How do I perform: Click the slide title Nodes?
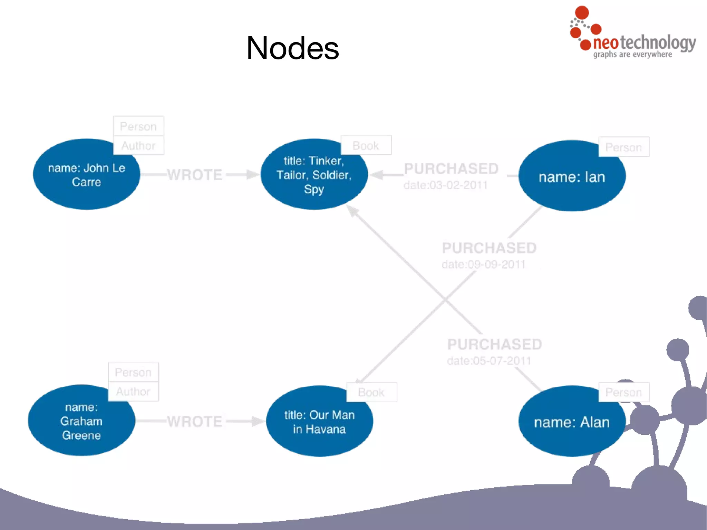click(293, 48)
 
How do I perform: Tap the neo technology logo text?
click(644, 42)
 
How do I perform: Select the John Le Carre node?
click(86, 175)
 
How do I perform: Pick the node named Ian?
click(572, 177)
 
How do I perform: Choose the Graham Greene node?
click(81, 421)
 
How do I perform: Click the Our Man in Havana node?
click(319, 422)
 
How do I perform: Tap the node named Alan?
click(572, 422)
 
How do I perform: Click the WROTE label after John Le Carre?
click(195, 175)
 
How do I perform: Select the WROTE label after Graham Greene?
click(195, 422)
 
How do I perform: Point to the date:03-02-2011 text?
click(445, 185)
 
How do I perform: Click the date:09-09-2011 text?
click(483, 264)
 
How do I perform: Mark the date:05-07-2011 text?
click(489, 361)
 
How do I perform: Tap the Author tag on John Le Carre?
click(138, 146)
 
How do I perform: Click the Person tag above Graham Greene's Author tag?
click(133, 372)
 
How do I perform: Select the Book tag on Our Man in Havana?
click(371, 392)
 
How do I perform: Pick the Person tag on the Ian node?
click(623, 147)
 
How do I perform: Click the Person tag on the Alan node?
click(623, 392)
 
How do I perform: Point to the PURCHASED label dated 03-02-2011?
click(451, 169)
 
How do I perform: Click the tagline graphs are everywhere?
click(632, 55)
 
